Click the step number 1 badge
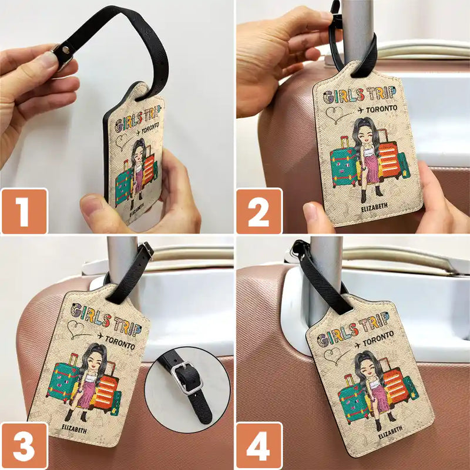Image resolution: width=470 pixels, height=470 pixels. tap(24, 211)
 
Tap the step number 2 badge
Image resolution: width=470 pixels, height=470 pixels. tap(259, 211)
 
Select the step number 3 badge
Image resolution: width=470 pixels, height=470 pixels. tap(24, 446)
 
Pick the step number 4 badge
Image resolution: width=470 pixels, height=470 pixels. tap(259, 446)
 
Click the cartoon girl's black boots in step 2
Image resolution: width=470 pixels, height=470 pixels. tap(371, 191)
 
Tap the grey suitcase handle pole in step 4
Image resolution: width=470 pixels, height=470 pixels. tap(326, 270)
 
